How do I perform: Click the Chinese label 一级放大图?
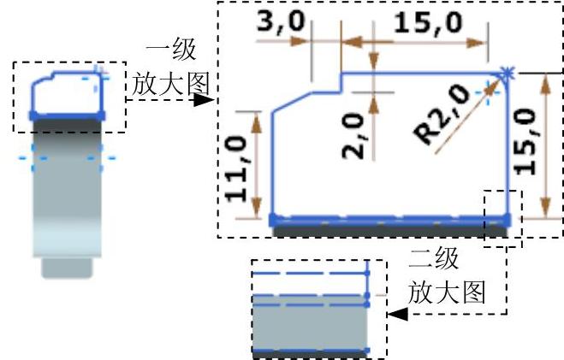coord(171,68)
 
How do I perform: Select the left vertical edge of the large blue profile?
coord(272,162)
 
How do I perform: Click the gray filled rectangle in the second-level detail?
coord(311,323)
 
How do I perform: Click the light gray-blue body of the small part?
coord(67,205)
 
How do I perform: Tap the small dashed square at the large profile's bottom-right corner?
coord(502,217)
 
